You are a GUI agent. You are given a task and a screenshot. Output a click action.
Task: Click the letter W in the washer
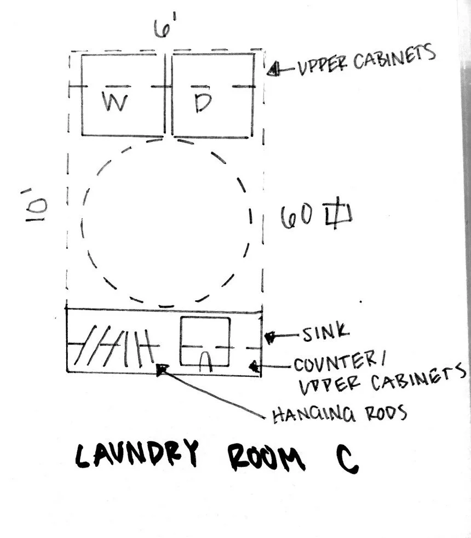tap(114, 102)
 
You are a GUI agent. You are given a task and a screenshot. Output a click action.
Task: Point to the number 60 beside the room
tap(297, 216)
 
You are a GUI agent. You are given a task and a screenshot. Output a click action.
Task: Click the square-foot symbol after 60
tap(338, 213)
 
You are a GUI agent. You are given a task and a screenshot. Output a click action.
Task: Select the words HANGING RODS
tap(340, 414)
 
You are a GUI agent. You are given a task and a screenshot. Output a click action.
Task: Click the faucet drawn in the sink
tap(205, 361)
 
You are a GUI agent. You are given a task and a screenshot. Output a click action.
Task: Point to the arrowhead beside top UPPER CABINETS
tap(273, 69)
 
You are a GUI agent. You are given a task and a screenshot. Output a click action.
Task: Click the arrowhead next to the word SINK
tap(269, 337)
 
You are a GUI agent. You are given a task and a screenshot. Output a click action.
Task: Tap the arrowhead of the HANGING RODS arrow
tap(162, 369)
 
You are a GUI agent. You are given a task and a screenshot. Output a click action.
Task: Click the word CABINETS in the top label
tap(394, 57)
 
